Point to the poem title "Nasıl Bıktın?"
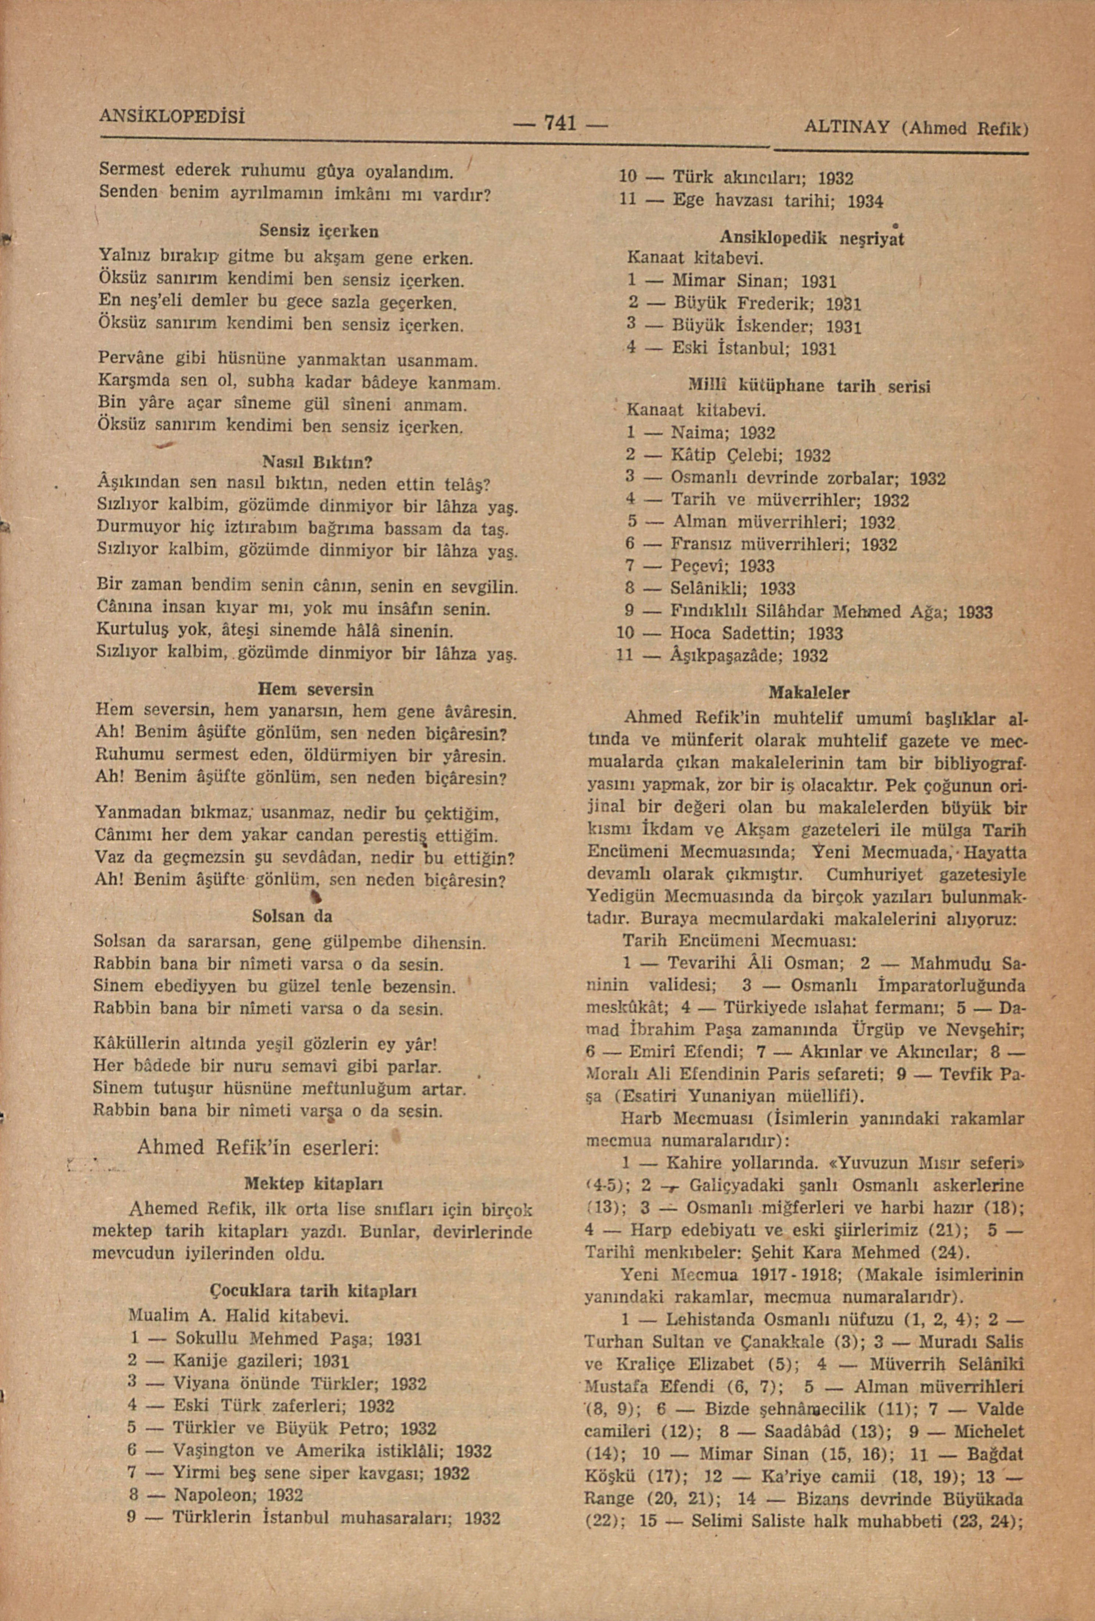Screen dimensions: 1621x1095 317,462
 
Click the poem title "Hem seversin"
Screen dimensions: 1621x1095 316,690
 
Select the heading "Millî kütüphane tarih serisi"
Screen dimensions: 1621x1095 809,386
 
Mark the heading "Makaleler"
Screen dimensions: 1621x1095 809,693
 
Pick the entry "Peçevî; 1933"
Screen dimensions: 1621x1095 722,566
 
